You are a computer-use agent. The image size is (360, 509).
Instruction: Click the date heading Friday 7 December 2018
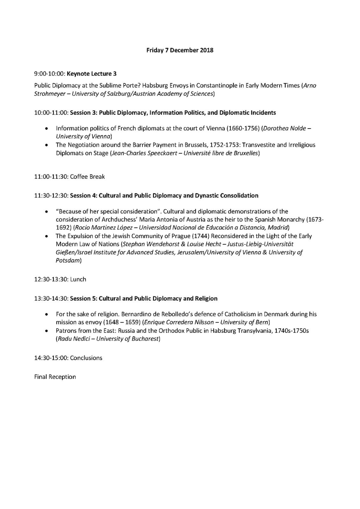point(180,50)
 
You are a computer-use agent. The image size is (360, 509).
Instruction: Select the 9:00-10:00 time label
point(50,74)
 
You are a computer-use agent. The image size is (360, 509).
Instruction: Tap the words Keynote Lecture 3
point(92,74)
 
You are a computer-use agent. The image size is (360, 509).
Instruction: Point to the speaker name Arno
point(310,86)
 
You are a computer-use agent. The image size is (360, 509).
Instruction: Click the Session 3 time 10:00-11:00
point(51,113)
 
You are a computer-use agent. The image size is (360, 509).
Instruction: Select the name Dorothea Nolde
point(285,129)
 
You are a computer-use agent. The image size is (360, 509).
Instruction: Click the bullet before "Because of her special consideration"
point(47,212)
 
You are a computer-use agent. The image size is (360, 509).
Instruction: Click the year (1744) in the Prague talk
point(201,236)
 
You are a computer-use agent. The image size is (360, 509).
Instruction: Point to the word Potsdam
point(67,261)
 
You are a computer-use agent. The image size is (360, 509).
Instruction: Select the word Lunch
point(78,279)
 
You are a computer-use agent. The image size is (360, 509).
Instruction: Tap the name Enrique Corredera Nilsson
point(179,322)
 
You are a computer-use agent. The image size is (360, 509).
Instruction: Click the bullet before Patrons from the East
point(47,331)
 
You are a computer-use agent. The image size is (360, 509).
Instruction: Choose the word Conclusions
point(86,358)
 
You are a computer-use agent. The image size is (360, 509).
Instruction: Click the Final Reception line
point(55,377)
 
